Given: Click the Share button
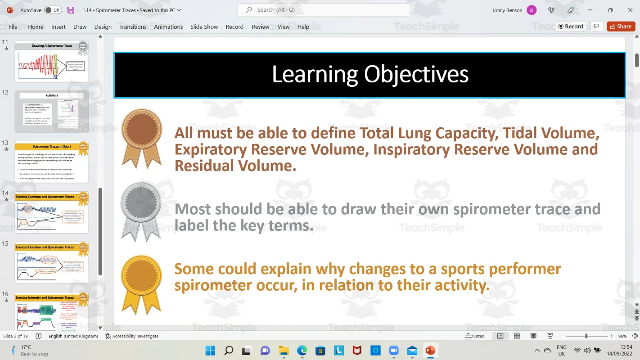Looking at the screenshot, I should [x=621, y=27].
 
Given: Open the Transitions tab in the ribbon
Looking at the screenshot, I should [x=133, y=27].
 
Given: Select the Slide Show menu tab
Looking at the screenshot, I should [x=204, y=27].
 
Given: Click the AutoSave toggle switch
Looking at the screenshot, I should [x=53, y=10].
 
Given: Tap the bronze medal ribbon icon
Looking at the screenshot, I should [x=142, y=137].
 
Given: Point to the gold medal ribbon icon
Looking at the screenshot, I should [x=141, y=283].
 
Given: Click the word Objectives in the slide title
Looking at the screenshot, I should [x=416, y=75].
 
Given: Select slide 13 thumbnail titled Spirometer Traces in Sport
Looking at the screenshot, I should [x=52, y=162].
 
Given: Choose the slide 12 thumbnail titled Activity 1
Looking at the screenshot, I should [x=52, y=111].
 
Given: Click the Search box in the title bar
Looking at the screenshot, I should [x=323, y=10].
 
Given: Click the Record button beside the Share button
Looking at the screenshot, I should [x=570, y=27].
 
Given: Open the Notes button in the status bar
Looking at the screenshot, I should [x=475, y=336].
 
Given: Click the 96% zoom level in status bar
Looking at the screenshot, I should [x=622, y=336].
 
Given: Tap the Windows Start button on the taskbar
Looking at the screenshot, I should [x=210, y=350].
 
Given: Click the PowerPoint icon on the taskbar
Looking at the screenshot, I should [x=430, y=350].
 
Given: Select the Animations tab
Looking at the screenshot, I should [x=168, y=27].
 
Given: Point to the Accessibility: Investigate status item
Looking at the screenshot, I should [x=132, y=336].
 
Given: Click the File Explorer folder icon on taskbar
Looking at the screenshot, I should [x=284, y=350].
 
